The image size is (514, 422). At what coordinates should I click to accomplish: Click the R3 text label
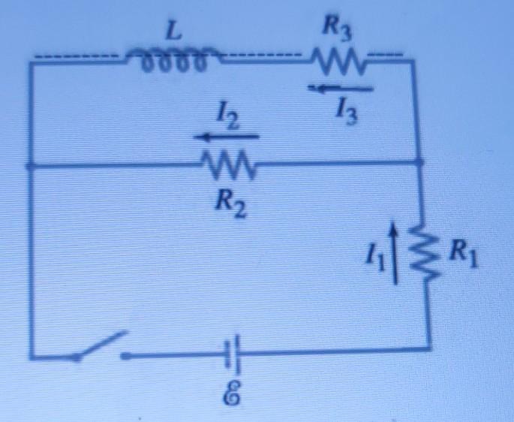(335, 29)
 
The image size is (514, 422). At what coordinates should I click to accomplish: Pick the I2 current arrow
(227, 137)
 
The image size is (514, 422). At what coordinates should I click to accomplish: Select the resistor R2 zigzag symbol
(228, 161)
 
